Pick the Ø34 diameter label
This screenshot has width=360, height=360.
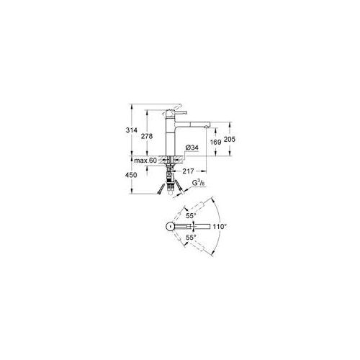tap(193, 148)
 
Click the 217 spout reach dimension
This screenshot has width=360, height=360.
tap(189, 171)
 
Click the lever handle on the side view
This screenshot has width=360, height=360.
tap(182, 113)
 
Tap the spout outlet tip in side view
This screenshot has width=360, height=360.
tap(208, 126)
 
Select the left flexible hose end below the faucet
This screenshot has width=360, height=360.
tap(158, 192)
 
